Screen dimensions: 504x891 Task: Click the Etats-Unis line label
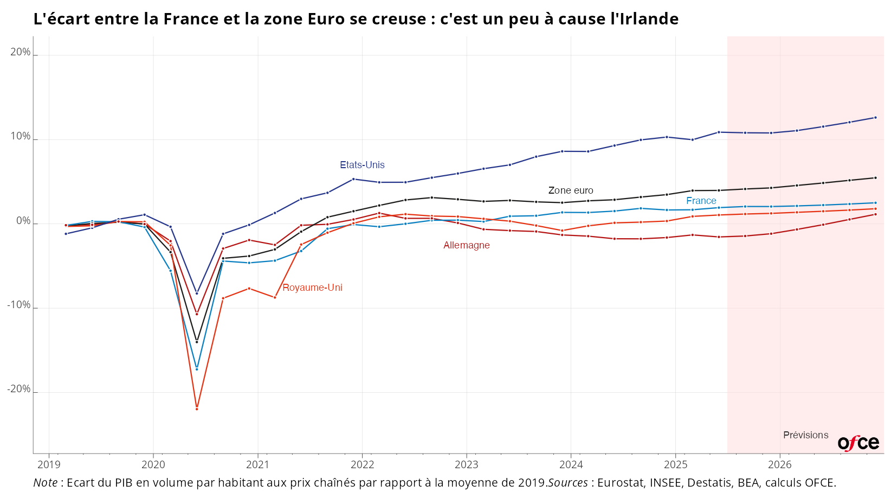coord(362,165)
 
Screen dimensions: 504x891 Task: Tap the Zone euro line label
coord(571,190)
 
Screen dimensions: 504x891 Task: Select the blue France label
coord(701,201)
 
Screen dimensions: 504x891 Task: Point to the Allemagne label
coord(466,245)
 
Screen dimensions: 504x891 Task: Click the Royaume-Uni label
coord(312,288)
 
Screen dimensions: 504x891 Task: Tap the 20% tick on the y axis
coord(21,52)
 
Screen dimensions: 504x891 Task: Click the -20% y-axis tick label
coord(19,389)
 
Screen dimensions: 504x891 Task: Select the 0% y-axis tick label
coord(23,221)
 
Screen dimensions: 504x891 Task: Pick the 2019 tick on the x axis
coord(49,464)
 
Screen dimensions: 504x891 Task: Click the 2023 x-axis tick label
coord(466,464)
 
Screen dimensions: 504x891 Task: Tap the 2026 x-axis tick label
coord(779,464)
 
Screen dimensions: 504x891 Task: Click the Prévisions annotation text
coord(805,435)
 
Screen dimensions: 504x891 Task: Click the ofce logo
coord(858,443)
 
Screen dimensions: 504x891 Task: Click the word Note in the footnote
coord(45,483)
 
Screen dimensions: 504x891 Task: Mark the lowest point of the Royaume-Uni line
coord(197,409)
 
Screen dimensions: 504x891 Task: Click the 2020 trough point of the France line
coord(197,369)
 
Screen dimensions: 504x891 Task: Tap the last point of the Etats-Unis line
coord(875,117)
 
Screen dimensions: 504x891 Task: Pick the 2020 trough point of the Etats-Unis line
coord(197,293)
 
